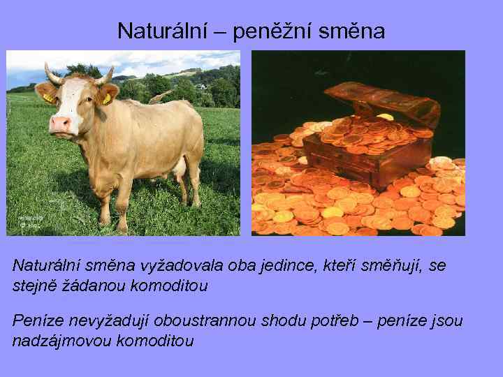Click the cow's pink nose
coord(61,124)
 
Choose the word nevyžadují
coord(105,321)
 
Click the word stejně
coord(33,286)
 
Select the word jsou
coord(447,321)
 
